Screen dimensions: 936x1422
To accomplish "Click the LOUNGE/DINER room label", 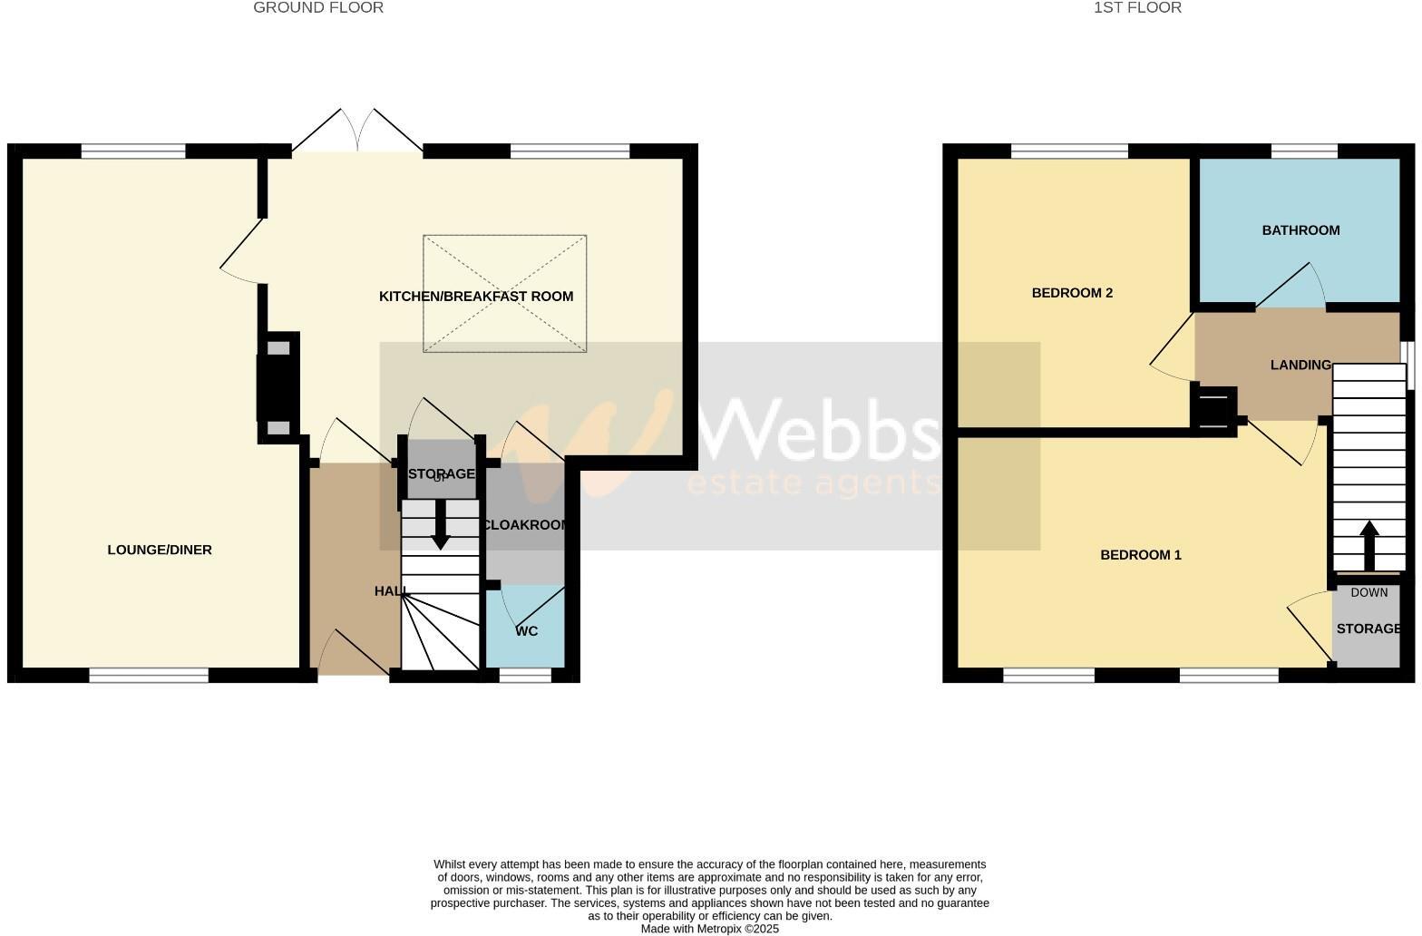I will (160, 550).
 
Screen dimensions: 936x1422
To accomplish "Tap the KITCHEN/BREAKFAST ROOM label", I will (476, 297).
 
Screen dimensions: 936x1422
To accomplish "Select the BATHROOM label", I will (1300, 230).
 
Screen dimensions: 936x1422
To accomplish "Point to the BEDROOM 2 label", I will (1072, 293).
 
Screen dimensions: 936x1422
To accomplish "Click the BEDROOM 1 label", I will (1140, 555).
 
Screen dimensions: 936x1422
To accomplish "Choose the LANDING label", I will (1300, 365).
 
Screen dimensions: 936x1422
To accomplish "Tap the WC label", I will (527, 631).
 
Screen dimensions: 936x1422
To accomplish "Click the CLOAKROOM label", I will (526, 525).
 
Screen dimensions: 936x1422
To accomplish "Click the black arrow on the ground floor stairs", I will (440, 526).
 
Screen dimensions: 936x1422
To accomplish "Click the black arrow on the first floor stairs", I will (1368, 543).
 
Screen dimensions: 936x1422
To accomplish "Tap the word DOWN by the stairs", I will (1368, 593).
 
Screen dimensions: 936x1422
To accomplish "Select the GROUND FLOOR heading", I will (318, 8).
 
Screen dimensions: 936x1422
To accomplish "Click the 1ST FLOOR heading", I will (1137, 8).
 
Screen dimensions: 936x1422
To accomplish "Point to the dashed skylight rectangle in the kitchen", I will (504, 293).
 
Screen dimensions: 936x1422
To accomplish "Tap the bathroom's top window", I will (1304, 151).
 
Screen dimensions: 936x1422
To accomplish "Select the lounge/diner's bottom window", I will (149, 675).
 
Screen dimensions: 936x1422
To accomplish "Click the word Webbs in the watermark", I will (816, 426).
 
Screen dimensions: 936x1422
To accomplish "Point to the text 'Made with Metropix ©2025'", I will (709, 929).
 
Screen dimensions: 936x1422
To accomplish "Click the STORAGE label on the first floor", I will (1368, 629).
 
